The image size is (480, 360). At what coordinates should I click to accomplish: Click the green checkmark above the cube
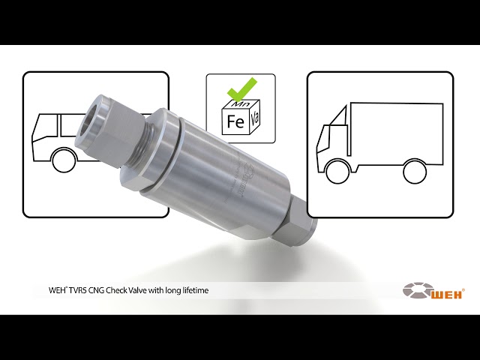(241, 88)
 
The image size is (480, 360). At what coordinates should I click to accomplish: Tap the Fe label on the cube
(235, 121)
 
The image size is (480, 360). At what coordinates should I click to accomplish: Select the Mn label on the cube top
(240, 103)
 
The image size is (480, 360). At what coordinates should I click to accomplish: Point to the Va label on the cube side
(255, 119)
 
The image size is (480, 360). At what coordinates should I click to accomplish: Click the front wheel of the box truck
(337, 172)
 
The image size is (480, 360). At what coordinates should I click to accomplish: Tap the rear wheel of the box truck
(415, 172)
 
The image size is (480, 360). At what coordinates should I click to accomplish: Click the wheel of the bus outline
(64, 160)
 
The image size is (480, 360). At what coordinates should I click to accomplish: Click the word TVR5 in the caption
(76, 290)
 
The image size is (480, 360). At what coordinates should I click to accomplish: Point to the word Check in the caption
(116, 290)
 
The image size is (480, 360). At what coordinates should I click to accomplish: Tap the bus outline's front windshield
(45, 128)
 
